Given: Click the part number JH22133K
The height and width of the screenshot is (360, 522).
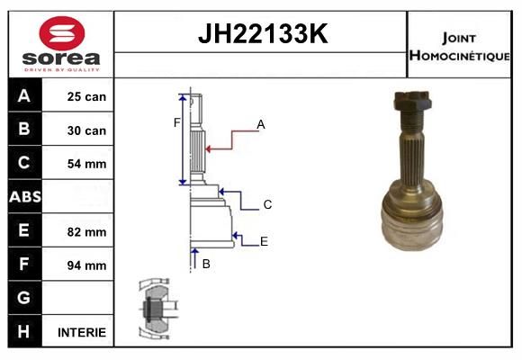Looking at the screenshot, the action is [x=263, y=33].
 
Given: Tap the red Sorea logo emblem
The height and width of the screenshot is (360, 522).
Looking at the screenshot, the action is [x=62, y=33].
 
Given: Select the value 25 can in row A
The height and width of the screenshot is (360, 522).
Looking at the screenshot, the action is [x=86, y=96].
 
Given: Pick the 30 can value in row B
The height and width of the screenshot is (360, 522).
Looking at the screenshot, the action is [x=86, y=130].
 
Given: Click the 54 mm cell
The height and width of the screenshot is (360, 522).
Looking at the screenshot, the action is [x=86, y=164].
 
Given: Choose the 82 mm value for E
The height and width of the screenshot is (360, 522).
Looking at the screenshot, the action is [x=86, y=232].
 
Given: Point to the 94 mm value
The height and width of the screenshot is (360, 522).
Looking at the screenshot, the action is [x=86, y=265].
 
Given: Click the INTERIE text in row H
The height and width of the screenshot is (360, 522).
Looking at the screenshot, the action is [x=82, y=332].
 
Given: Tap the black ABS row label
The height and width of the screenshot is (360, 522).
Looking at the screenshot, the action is [x=25, y=196].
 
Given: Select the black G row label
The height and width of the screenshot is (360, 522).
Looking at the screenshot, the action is [x=25, y=297].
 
